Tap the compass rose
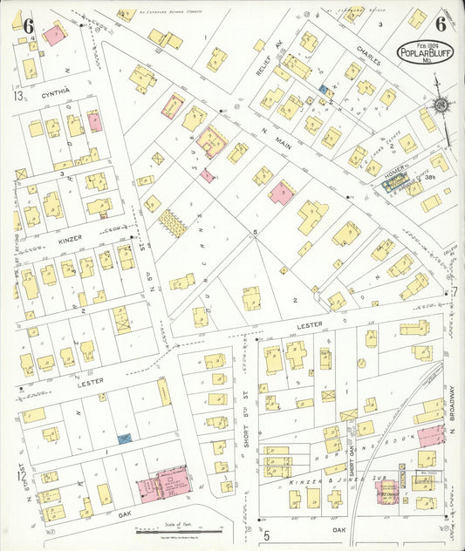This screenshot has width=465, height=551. [x=441, y=105]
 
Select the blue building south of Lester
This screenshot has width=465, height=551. [x=125, y=439]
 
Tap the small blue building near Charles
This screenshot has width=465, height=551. [x=323, y=89]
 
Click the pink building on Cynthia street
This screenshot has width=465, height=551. [x=94, y=121]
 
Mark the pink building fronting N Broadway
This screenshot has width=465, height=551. [x=430, y=435]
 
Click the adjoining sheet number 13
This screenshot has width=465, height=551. [x=17, y=96]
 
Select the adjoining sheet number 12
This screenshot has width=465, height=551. [x=19, y=475]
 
